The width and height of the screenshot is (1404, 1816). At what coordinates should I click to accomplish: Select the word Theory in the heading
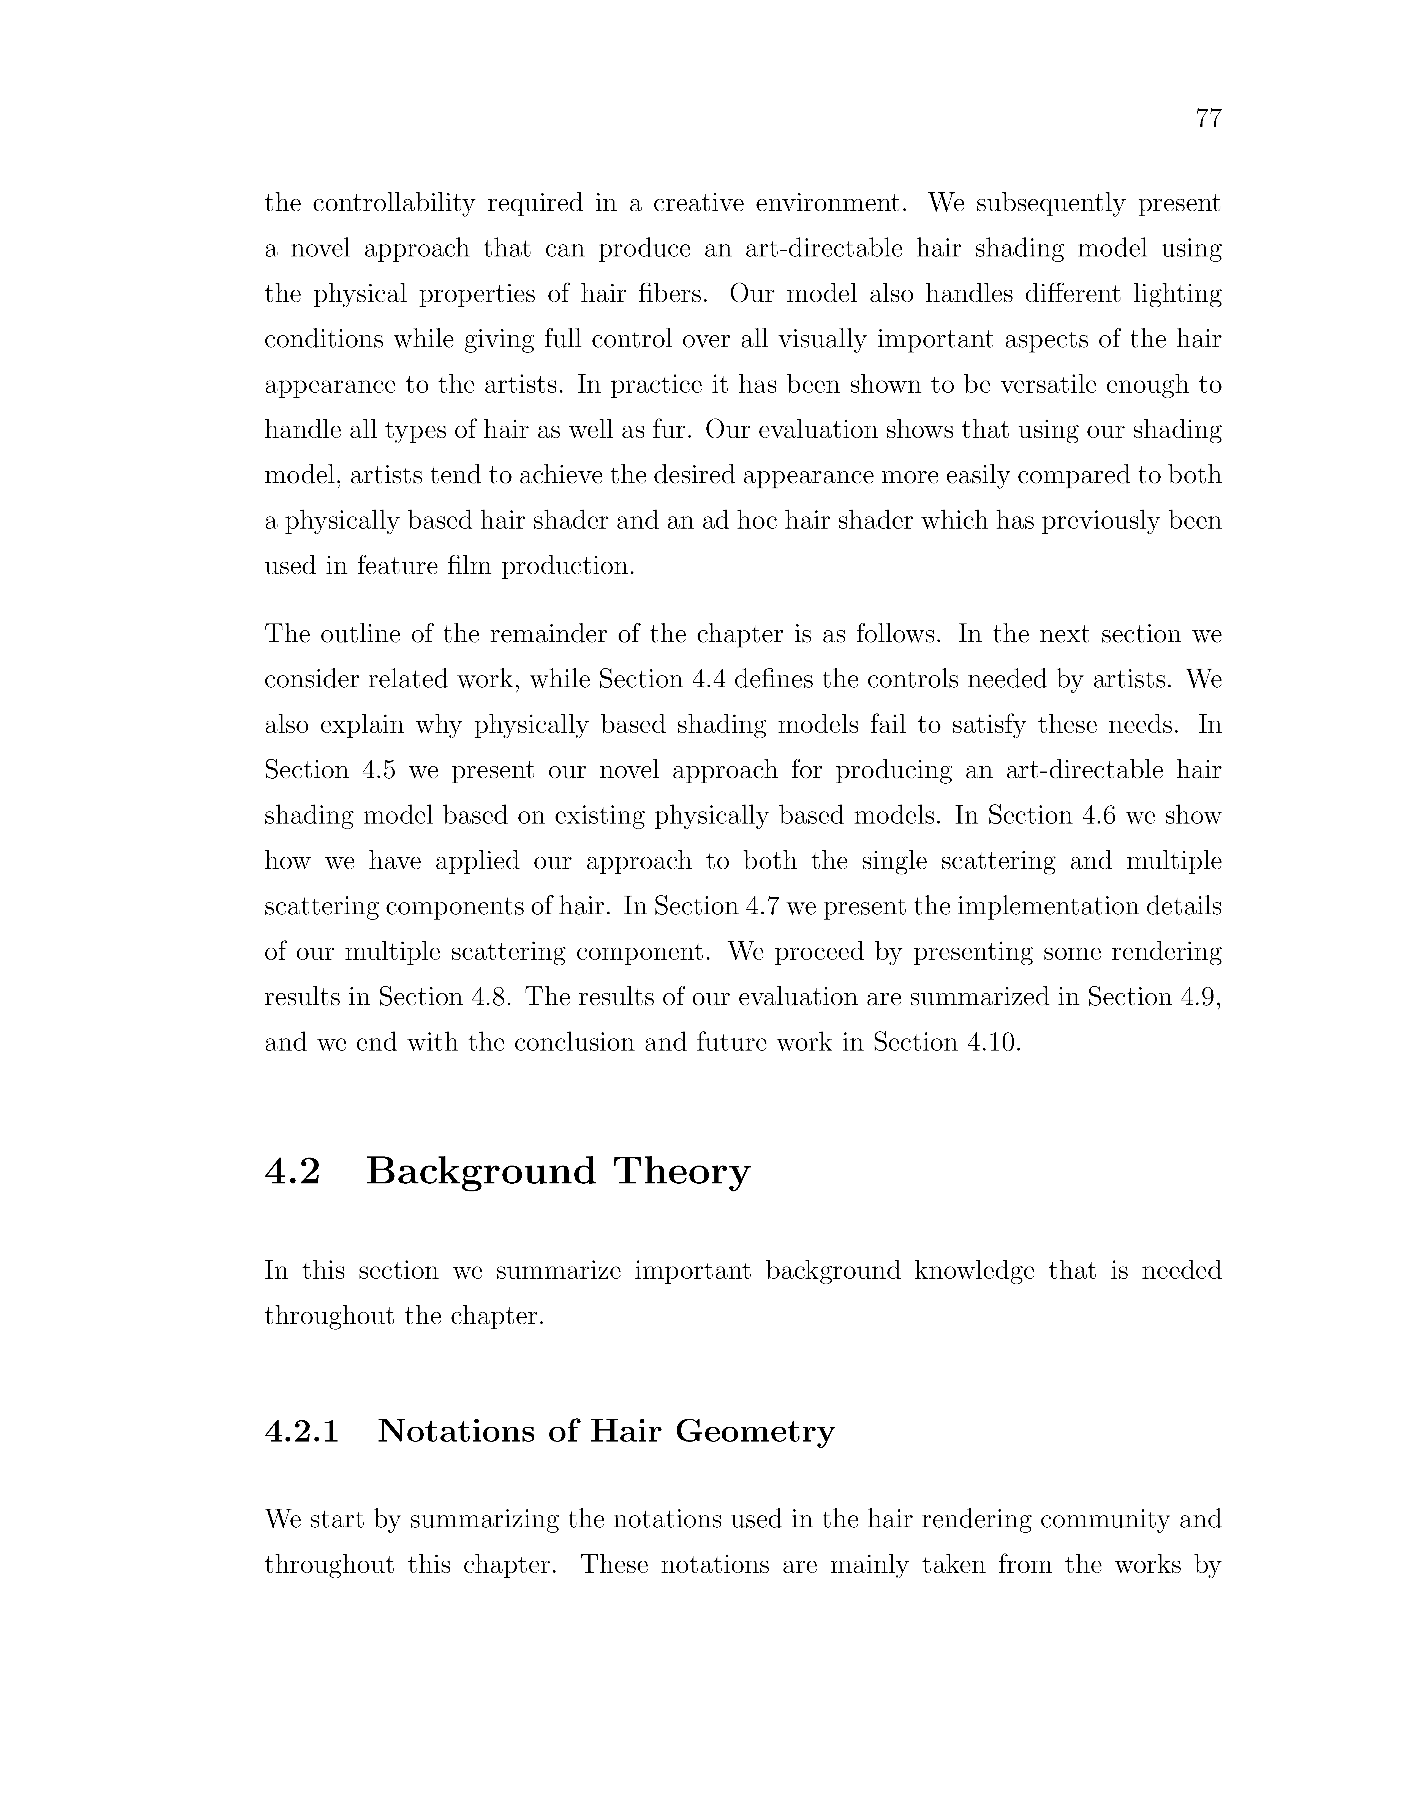coord(682,1172)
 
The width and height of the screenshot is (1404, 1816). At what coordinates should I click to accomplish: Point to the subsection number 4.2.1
coord(301,1431)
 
